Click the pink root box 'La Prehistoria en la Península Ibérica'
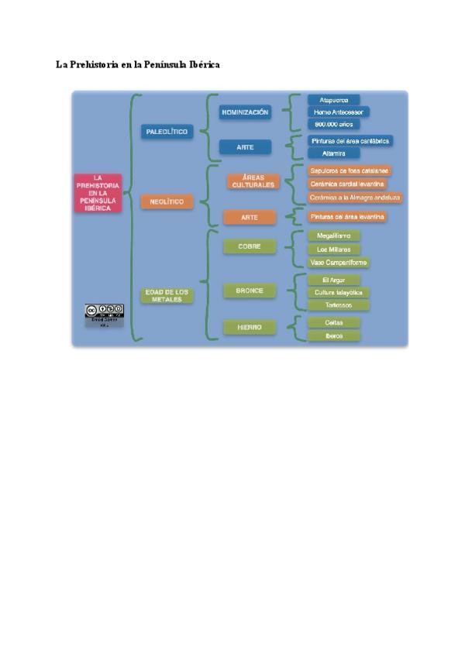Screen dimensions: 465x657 [x=98, y=193]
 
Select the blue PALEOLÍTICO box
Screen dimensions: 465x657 [x=167, y=132]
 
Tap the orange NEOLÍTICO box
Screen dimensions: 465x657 [x=167, y=201]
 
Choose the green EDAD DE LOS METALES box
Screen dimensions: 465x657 [x=167, y=294]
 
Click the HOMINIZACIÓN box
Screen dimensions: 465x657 [x=245, y=112]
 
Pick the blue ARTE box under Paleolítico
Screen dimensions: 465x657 [x=245, y=146]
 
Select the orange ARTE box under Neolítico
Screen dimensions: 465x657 [x=249, y=218]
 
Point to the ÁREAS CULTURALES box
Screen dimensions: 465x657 [x=253, y=181]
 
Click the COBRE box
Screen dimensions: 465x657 [x=249, y=246]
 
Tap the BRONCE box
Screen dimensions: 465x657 [x=249, y=291]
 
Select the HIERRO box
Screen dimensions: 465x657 [x=249, y=328]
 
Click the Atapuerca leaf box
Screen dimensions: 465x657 [x=333, y=100]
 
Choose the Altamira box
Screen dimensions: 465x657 [x=333, y=153]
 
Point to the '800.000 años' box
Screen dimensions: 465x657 [x=333, y=124]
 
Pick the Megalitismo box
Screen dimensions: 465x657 [x=333, y=236]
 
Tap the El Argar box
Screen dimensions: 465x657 [x=333, y=280]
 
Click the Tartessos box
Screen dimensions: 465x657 [x=333, y=304]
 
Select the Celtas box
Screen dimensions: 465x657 [x=333, y=322]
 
